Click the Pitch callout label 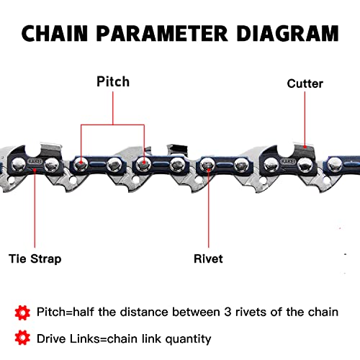click(113, 81)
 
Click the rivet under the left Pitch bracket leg click(81, 165)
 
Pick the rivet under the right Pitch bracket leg click(145, 165)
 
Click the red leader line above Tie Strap click(33, 209)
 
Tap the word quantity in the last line click(186, 338)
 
